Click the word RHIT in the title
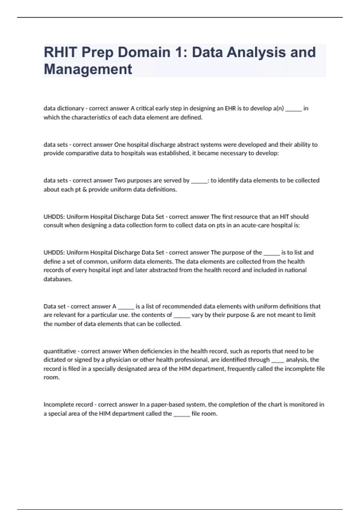(x=61, y=52)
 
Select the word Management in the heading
(x=88, y=69)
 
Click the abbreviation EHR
(x=230, y=108)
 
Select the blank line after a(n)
(x=293, y=109)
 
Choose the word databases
(x=58, y=279)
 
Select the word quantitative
(x=60, y=351)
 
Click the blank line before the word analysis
(x=277, y=361)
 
